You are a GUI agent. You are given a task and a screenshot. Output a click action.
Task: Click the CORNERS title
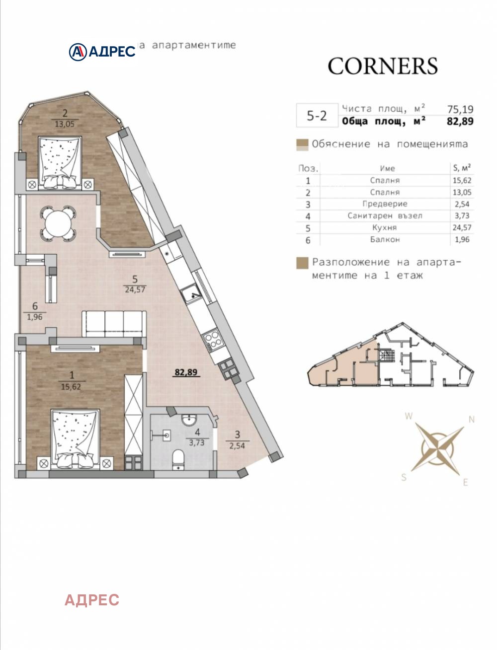[x=382, y=66]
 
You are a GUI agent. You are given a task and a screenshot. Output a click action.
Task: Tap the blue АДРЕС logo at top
[x=102, y=51]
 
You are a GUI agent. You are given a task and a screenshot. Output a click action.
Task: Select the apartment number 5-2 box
[x=317, y=116]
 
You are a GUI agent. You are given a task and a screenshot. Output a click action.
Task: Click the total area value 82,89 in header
[x=460, y=121]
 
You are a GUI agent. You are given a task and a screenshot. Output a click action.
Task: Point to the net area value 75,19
[x=460, y=109]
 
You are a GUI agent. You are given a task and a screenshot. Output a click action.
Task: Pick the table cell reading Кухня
[x=385, y=228]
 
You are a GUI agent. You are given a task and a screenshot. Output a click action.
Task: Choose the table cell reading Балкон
[x=385, y=239]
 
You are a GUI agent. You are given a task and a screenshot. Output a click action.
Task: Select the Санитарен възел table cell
[x=385, y=216]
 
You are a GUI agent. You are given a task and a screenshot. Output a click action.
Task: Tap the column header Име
[x=387, y=168]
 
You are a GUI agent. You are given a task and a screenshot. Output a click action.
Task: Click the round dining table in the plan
[x=59, y=223]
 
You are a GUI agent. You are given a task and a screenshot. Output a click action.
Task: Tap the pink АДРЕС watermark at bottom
[x=92, y=600]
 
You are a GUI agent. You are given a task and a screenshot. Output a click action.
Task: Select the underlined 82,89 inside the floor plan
[x=186, y=371]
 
